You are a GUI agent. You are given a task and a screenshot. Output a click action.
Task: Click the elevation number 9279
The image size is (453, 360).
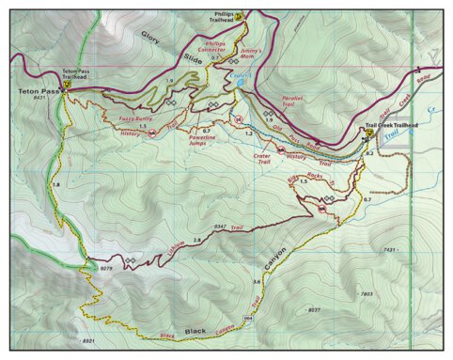click(104, 269)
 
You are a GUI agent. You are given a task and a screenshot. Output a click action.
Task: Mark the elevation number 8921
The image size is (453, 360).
click(88, 340)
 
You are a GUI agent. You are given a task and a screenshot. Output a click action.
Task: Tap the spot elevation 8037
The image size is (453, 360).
click(315, 309)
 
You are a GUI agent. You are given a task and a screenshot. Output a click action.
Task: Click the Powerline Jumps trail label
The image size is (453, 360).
click(208, 140)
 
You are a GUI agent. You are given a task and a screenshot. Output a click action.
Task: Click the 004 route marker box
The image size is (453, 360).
click(248, 319)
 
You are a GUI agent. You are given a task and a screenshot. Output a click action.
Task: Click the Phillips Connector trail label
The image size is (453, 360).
click(215, 46)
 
